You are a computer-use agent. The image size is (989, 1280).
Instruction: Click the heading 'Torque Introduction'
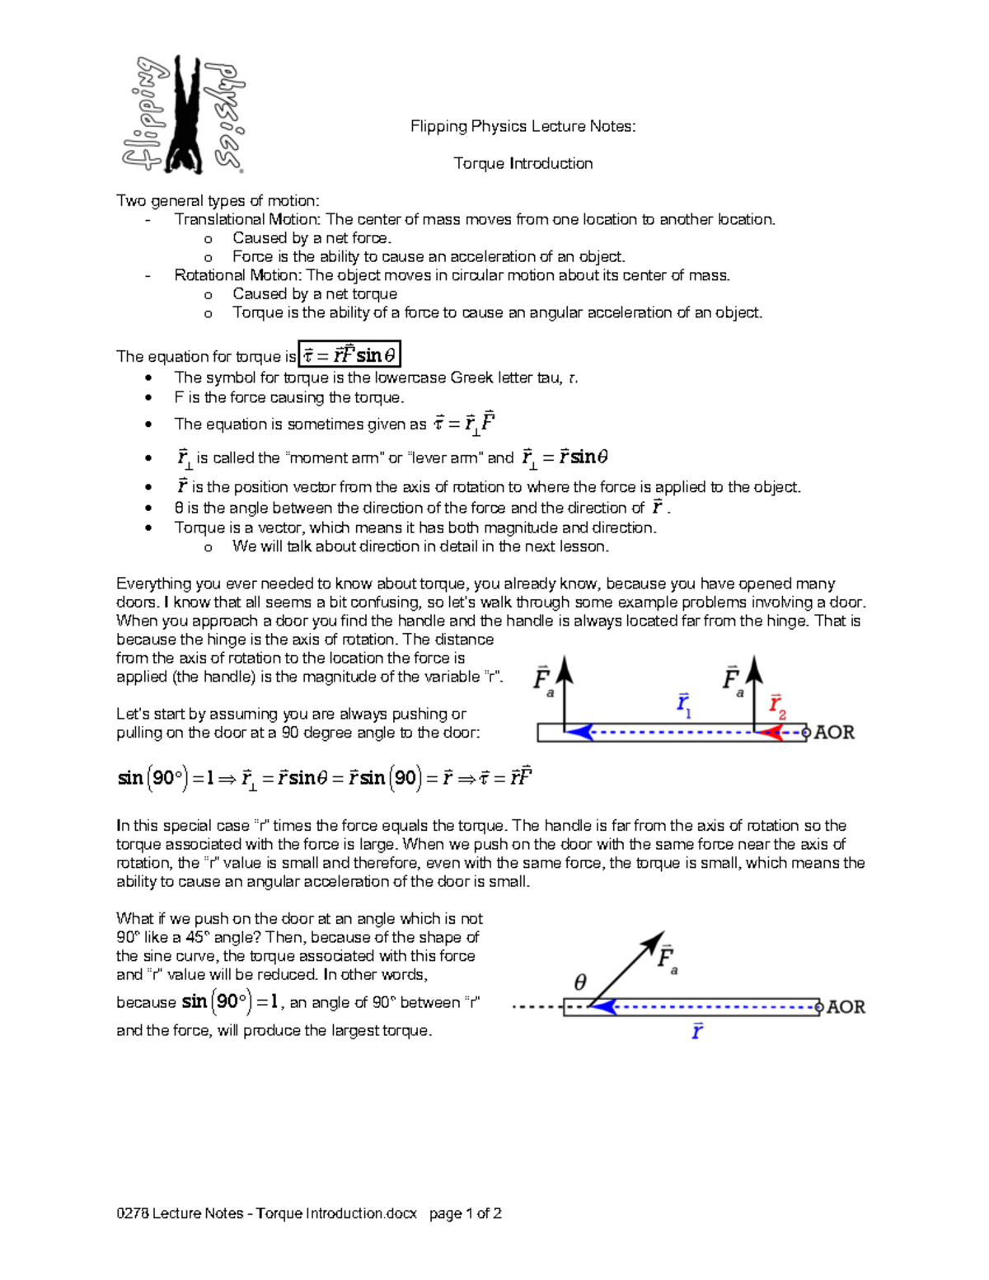pyautogui.click(x=523, y=163)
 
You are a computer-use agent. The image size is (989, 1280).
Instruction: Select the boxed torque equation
pyautogui.click(x=349, y=354)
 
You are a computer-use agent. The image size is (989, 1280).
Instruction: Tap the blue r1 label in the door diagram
pyautogui.click(x=684, y=706)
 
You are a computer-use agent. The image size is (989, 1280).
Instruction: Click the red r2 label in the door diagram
pyautogui.click(x=777, y=706)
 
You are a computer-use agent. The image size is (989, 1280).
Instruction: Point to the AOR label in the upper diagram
pyautogui.click(x=834, y=733)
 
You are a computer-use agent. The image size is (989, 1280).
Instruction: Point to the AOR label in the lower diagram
pyautogui.click(x=846, y=1007)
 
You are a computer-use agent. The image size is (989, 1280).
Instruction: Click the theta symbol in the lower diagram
pyautogui.click(x=580, y=982)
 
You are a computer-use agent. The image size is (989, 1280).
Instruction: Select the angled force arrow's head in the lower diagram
pyautogui.click(x=656, y=940)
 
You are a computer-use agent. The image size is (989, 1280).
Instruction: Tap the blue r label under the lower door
pyautogui.click(x=697, y=1031)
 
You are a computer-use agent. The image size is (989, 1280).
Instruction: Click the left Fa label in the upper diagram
pyautogui.click(x=542, y=681)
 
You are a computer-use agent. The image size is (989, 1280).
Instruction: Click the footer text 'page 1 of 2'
pyautogui.click(x=466, y=1213)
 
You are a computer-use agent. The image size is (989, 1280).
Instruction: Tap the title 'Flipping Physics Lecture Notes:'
pyautogui.click(x=523, y=126)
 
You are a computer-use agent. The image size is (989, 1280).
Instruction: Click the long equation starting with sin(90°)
pyautogui.click(x=325, y=778)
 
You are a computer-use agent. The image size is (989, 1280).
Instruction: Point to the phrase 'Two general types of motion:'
pyautogui.click(x=218, y=200)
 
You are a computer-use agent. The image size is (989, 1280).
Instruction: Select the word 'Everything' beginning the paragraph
pyautogui.click(x=154, y=584)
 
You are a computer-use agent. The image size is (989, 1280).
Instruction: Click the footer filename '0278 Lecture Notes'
pyautogui.click(x=180, y=1213)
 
